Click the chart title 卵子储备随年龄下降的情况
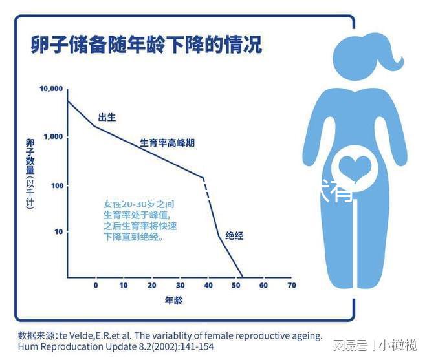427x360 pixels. [x=146, y=46]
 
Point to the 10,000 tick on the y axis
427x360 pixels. [x=51, y=89]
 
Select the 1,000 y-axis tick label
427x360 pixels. [x=53, y=137]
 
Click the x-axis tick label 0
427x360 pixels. [x=96, y=285]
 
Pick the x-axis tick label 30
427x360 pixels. [x=180, y=285]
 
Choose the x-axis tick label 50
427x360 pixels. [x=235, y=285]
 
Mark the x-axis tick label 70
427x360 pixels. [x=291, y=285]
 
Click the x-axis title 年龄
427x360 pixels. [x=174, y=301]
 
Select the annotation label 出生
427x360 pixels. [x=107, y=118]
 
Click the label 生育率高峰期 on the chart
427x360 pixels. [x=167, y=143]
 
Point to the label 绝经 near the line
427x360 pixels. [x=234, y=236]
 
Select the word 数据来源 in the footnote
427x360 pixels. [x=36, y=335]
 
